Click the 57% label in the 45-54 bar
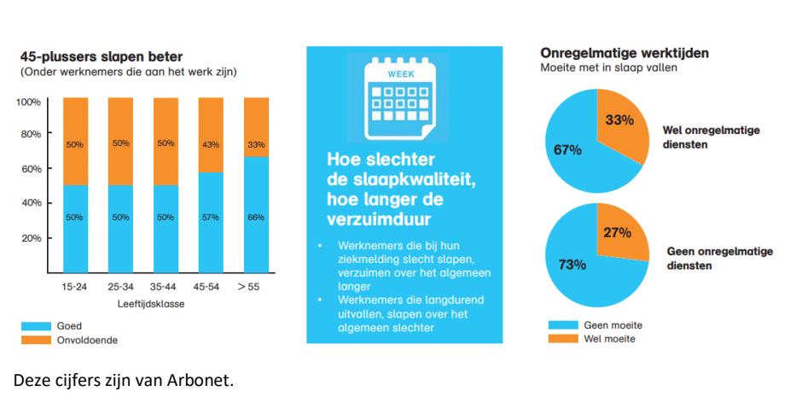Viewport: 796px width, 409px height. [x=211, y=218]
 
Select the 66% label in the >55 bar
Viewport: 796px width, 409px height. [x=256, y=218]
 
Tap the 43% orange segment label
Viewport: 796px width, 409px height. [x=211, y=143]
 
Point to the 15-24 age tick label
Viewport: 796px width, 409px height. [x=75, y=287]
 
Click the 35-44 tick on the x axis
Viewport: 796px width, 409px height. [x=166, y=287]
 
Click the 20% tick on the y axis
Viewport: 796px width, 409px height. [x=31, y=238]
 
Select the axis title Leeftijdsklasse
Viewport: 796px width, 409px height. [x=142, y=303]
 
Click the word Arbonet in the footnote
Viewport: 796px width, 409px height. [x=200, y=380]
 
